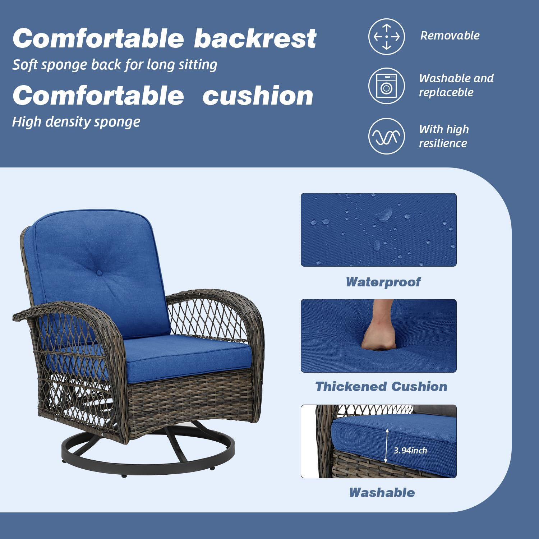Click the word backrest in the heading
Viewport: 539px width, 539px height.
click(x=255, y=38)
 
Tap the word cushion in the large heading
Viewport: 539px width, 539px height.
click(x=258, y=96)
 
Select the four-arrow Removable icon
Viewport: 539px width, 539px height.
click(x=386, y=37)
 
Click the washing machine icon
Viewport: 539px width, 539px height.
click(x=386, y=86)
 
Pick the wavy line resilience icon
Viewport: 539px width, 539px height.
click(x=386, y=136)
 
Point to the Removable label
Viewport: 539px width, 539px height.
click(x=450, y=36)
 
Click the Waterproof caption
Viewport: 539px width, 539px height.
click(x=383, y=282)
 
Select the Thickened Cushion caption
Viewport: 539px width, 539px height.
click(x=381, y=387)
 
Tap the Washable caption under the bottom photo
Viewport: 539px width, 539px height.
click(x=382, y=493)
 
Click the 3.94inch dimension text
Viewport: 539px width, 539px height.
click(x=410, y=450)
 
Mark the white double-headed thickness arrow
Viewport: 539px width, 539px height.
click(x=387, y=446)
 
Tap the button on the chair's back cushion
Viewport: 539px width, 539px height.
click(x=100, y=273)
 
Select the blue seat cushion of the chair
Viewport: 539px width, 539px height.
click(x=187, y=356)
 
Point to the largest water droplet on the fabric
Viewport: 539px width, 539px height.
click(x=383, y=215)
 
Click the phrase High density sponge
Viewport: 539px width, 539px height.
click(x=76, y=122)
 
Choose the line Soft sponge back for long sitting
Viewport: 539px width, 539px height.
click(x=115, y=65)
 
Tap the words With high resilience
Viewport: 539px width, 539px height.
click(x=444, y=136)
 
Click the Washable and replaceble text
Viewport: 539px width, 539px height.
click(x=456, y=85)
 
